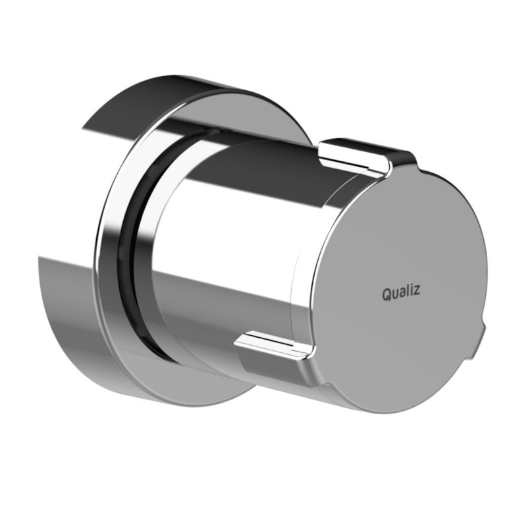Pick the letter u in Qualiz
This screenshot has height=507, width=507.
[x=397, y=294]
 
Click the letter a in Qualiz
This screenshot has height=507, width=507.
[x=405, y=294]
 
